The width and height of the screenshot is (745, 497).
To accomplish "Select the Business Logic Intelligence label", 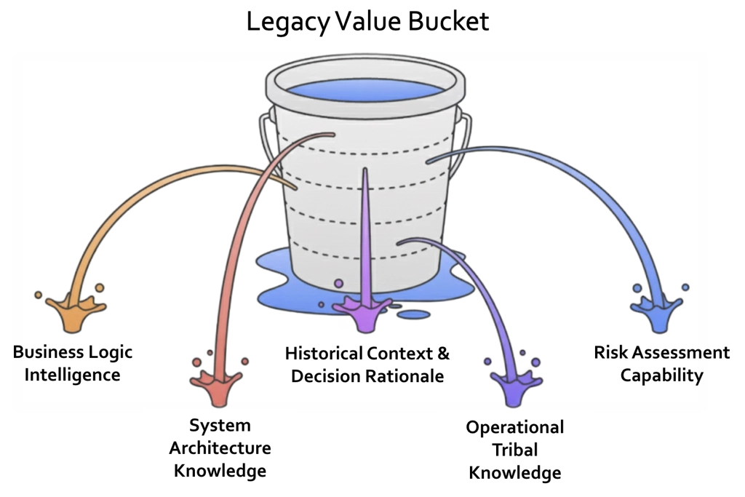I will [73, 364].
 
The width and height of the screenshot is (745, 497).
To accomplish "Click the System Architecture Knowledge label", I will [220, 448].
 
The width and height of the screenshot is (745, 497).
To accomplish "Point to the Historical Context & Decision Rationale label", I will [367, 365].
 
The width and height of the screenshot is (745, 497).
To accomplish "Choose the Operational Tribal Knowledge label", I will [515, 450].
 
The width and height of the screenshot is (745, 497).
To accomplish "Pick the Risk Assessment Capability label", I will [661, 364].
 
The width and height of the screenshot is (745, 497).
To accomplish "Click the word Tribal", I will [515, 450].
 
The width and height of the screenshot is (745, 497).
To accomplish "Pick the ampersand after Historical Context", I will [442, 354].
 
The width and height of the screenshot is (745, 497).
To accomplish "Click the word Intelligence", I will [73, 375].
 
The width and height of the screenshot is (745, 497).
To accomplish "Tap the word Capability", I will [662, 375].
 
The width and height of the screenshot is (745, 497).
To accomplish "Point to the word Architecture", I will [220, 448].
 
